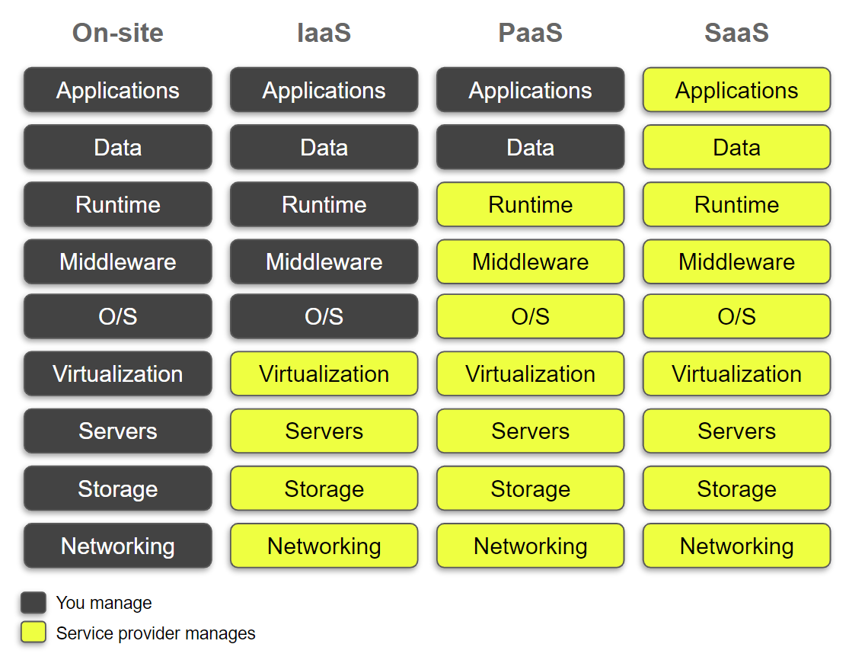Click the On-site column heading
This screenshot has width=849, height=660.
[x=118, y=33]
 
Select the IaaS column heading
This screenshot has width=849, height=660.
[x=324, y=33]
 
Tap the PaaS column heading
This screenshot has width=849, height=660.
[x=531, y=33]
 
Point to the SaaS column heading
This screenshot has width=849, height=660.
[x=736, y=33]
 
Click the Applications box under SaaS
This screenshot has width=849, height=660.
[x=736, y=90]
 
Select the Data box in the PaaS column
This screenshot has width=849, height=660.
[x=531, y=147]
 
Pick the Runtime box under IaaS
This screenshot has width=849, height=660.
[x=324, y=204]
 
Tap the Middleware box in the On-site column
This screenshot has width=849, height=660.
[x=118, y=261]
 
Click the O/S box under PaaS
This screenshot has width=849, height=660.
[x=531, y=316]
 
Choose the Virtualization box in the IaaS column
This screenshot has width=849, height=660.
[x=324, y=373]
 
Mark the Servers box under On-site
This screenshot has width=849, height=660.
[x=118, y=431]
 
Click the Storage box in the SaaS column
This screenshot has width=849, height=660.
[x=736, y=489]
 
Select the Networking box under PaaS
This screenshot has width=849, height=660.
[x=531, y=546]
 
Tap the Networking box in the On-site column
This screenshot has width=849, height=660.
[x=118, y=546]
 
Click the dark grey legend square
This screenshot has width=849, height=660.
[x=34, y=603]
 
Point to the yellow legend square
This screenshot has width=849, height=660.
[x=34, y=633]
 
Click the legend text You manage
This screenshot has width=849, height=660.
[x=104, y=603]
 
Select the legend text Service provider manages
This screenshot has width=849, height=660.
[x=156, y=633]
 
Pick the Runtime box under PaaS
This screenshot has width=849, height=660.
[x=531, y=204]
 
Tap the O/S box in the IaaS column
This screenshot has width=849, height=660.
[x=324, y=316]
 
